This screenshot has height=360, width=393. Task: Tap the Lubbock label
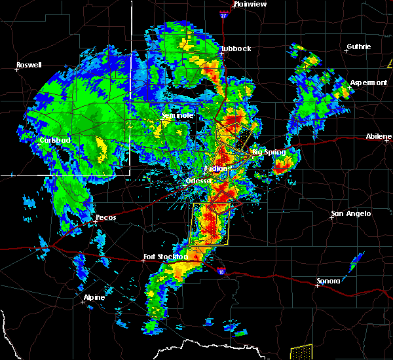click(x=236, y=48)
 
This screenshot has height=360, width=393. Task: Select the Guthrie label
click(x=358, y=46)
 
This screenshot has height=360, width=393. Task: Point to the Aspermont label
click(x=368, y=82)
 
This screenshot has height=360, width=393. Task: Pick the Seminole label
click(x=178, y=115)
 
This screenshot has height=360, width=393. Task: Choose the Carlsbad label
click(x=54, y=140)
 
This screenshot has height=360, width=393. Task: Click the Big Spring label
click(x=269, y=152)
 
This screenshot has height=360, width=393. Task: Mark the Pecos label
click(x=105, y=217)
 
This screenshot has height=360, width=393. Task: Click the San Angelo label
click(x=351, y=213)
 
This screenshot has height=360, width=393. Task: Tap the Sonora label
click(x=328, y=281)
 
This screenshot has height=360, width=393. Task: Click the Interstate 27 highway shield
click(x=223, y=14)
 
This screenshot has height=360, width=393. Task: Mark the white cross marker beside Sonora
click(x=318, y=285)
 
